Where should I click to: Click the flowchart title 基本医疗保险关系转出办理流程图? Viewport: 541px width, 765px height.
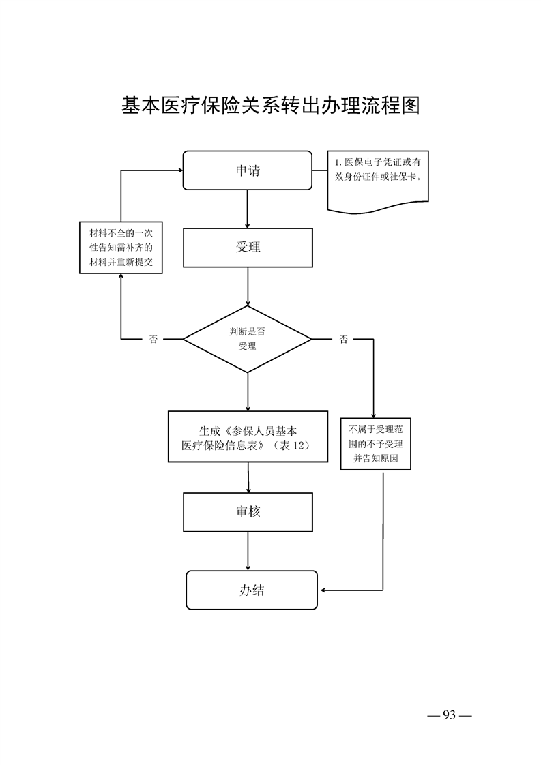point(270,106)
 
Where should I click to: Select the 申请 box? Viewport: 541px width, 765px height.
point(248,170)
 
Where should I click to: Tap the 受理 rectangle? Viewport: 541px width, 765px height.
point(248,247)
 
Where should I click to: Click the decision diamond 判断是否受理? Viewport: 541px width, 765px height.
point(247,339)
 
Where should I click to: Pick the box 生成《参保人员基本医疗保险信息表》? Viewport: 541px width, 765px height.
point(247,437)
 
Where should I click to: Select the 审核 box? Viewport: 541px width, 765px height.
point(248,512)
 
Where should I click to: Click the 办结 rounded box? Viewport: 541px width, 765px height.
point(252,590)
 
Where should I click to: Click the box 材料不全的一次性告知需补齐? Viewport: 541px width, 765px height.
point(121,247)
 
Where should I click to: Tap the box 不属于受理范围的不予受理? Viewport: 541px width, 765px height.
point(375,445)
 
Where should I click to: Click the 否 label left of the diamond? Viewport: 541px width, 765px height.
point(153,340)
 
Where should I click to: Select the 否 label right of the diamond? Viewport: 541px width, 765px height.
point(343,340)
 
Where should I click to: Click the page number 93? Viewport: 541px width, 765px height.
point(449,715)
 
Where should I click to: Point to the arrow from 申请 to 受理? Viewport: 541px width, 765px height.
point(247,209)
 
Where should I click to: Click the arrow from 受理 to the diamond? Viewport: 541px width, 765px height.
point(247,286)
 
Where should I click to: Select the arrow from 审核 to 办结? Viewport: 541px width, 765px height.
point(248,551)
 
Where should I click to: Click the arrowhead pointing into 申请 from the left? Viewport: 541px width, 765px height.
point(179,170)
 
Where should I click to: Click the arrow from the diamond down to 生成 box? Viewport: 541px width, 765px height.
point(247,391)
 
